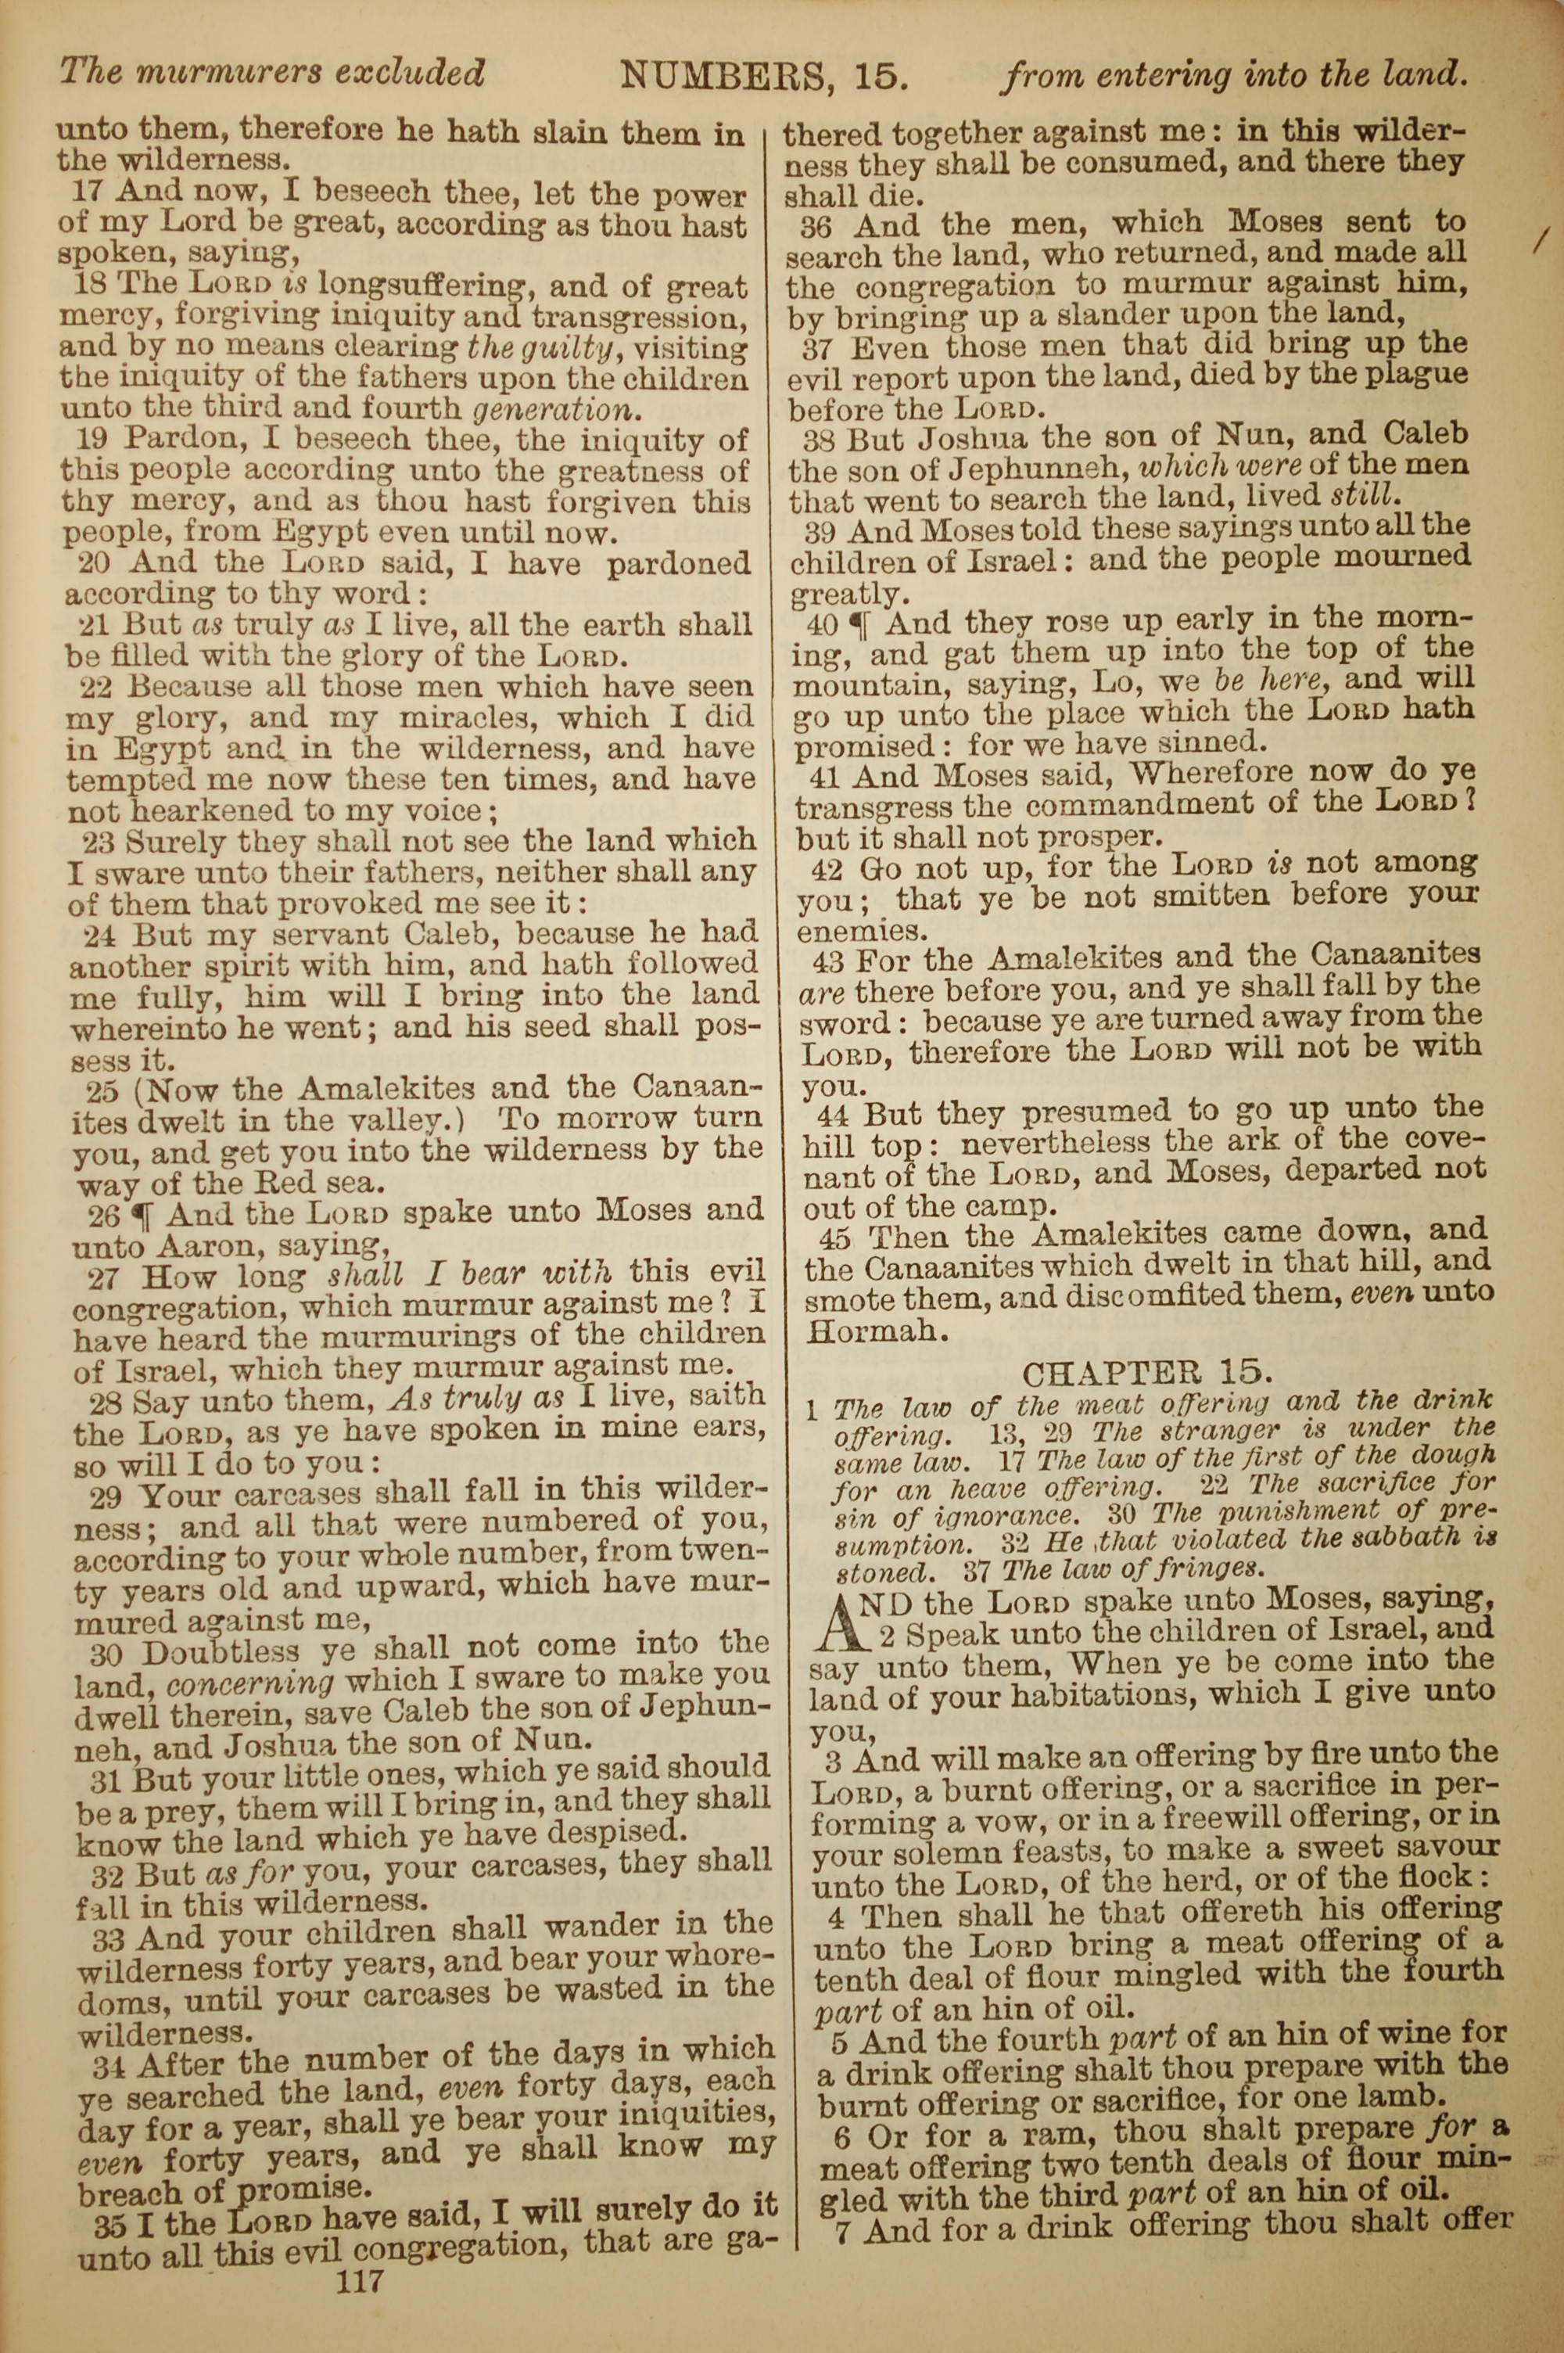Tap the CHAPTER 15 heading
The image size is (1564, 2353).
[x=1147, y=1374]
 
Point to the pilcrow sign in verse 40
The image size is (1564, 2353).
[x=858, y=624]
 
